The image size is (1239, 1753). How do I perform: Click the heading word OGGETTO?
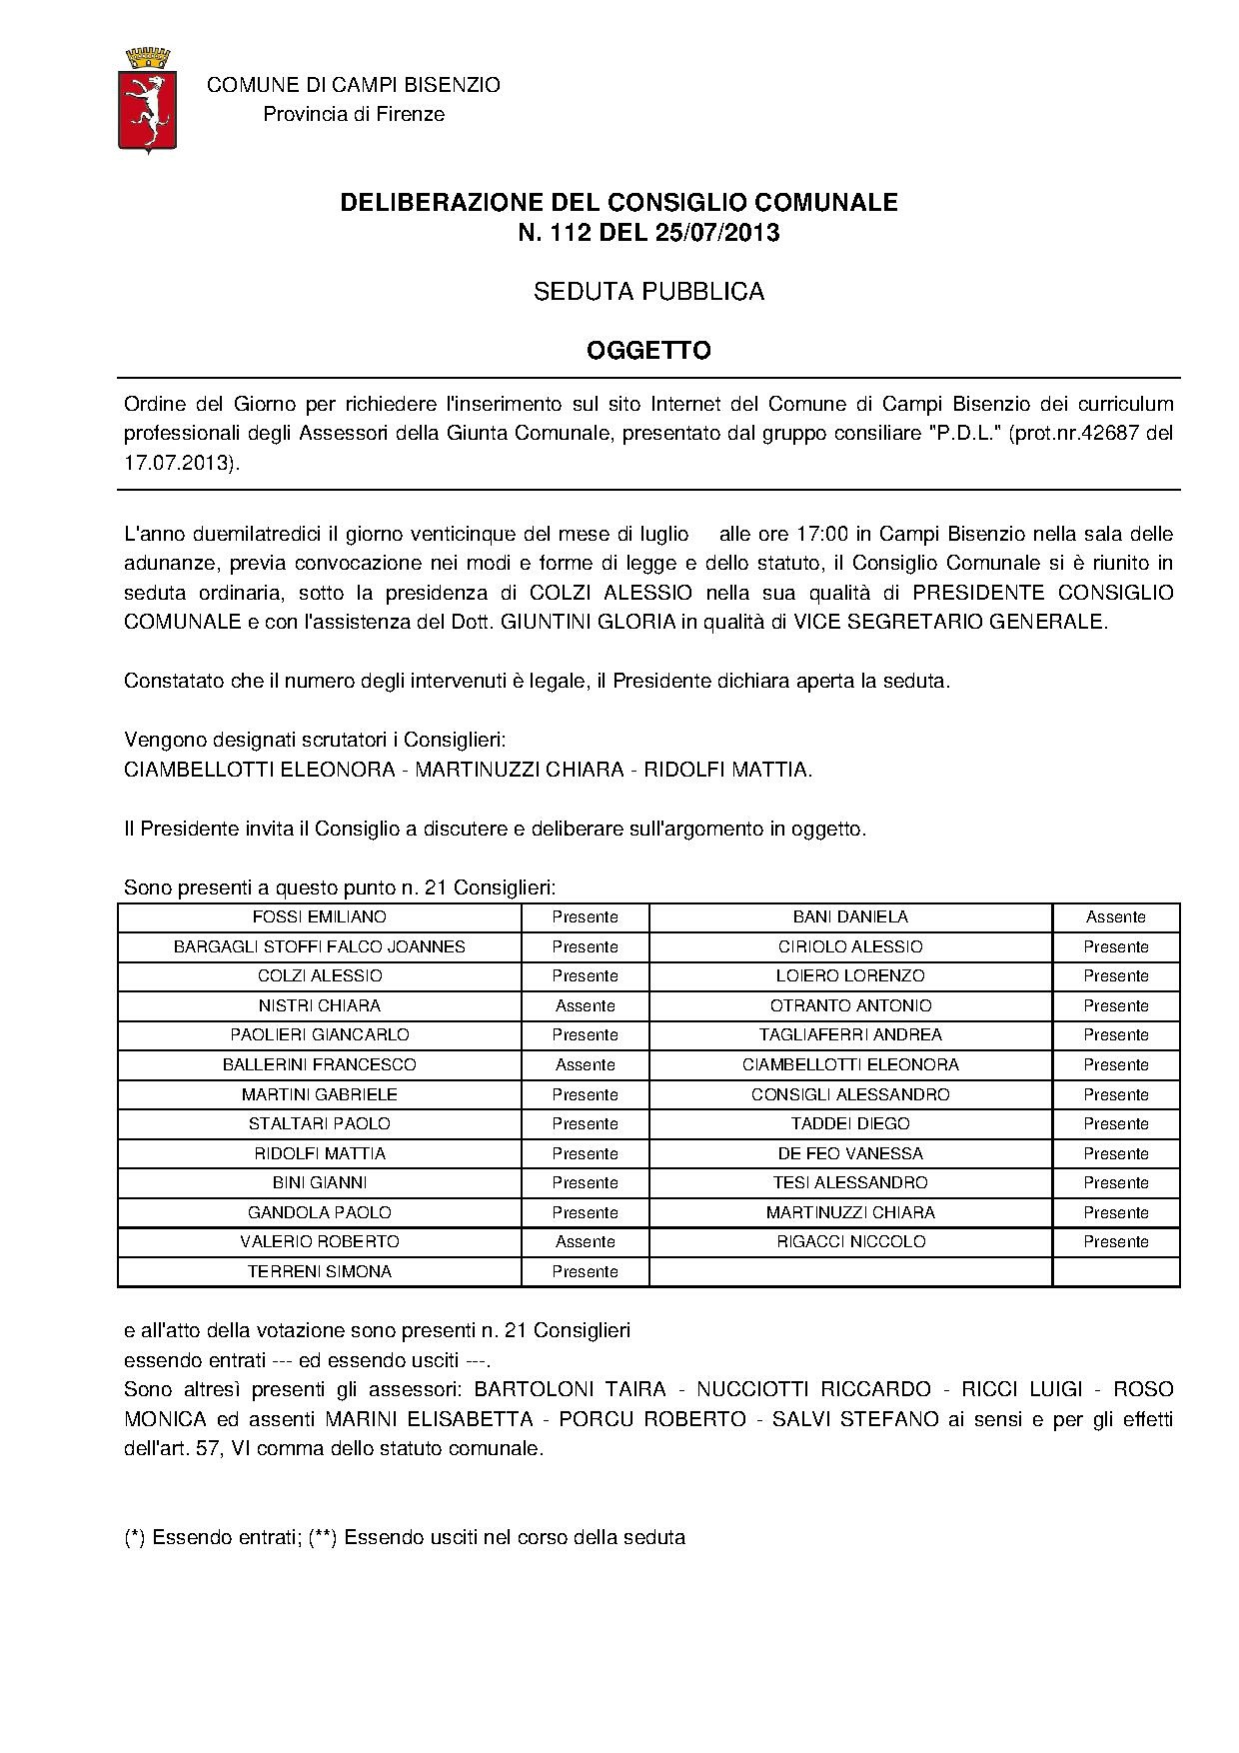point(648,350)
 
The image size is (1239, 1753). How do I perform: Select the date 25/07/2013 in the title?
point(716,233)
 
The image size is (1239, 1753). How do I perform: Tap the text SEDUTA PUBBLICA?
point(648,292)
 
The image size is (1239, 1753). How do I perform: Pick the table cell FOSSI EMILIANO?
point(320,916)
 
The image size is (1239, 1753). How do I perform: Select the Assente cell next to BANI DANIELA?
point(1115,916)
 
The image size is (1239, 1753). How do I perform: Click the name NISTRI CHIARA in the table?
point(320,1005)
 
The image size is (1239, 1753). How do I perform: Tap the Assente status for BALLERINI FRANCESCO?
point(586,1064)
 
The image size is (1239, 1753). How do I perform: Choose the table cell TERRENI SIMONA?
point(320,1271)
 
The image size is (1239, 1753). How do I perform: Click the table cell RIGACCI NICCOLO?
point(850,1241)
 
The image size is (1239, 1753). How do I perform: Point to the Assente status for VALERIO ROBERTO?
point(586,1241)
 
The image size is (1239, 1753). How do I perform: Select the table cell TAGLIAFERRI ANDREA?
point(850,1034)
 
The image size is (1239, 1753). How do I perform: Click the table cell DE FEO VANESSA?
point(850,1153)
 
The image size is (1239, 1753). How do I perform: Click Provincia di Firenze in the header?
point(354,114)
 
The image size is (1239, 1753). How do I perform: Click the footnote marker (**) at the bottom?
point(321,1537)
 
